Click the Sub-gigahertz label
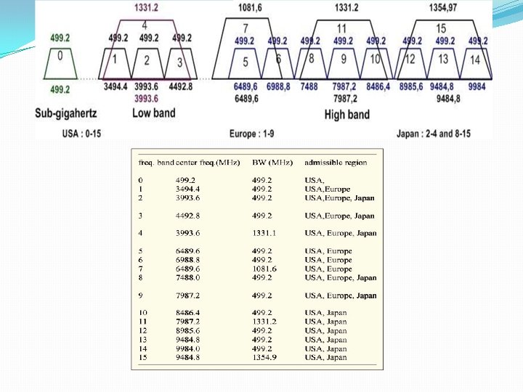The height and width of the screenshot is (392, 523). pyautogui.click(x=66, y=113)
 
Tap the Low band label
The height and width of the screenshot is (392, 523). pyautogui.click(x=154, y=113)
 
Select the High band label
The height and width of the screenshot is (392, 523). pyautogui.click(x=347, y=114)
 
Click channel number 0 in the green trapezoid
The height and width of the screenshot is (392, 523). pyautogui.click(x=60, y=55)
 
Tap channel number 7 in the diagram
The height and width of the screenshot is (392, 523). pyautogui.click(x=246, y=28)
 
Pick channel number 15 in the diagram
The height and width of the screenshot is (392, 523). pyautogui.click(x=441, y=28)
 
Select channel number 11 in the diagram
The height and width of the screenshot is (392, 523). pyautogui.click(x=341, y=28)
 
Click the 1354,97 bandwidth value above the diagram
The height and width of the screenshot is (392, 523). pyautogui.click(x=442, y=8)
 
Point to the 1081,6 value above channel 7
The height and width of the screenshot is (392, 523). pyautogui.click(x=251, y=8)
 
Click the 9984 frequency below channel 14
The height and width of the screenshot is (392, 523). pyautogui.click(x=477, y=86)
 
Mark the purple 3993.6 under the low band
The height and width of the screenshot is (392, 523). pyautogui.click(x=146, y=97)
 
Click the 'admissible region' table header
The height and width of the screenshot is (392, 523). pyautogui.click(x=336, y=162)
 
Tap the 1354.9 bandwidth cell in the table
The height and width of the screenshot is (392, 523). pyautogui.click(x=264, y=357)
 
